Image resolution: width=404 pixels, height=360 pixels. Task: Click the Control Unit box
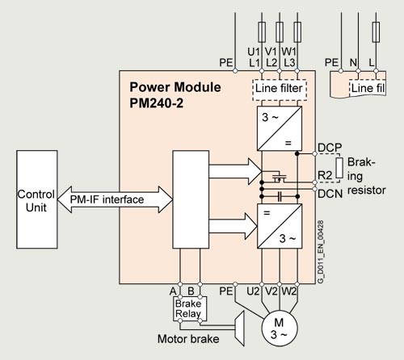click(37, 199)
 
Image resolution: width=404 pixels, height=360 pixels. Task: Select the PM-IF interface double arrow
click(115, 199)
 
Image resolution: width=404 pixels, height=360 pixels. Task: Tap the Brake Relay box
click(190, 309)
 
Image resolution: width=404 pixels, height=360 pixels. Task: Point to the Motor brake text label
click(188, 339)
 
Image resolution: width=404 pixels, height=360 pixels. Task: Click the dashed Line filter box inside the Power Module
click(280, 90)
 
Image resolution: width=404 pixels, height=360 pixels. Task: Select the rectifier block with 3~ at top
click(280, 128)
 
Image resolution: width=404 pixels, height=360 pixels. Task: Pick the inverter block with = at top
click(280, 226)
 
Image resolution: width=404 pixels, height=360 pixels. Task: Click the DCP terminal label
click(330, 148)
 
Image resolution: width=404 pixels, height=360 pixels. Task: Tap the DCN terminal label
click(330, 194)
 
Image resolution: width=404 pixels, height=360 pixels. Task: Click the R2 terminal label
click(325, 175)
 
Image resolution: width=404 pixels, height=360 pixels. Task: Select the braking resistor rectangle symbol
click(339, 168)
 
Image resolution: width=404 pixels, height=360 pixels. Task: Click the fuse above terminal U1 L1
click(262, 32)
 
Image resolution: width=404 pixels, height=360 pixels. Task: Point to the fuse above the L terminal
click(376, 32)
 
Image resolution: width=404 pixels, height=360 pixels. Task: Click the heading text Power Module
click(175, 87)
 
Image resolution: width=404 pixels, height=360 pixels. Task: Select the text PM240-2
click(157, 103)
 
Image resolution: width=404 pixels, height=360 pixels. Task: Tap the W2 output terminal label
click(288, 291)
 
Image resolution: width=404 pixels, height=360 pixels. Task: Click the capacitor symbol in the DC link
click(280, 197)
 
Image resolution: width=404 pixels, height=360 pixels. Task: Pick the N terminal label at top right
click(353, 63)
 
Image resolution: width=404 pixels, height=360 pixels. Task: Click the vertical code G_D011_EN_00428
click(321, 252)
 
